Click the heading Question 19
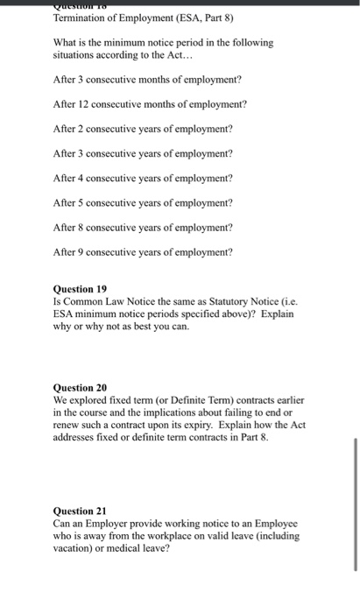[x=80, y=286]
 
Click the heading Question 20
[x=80, y=386]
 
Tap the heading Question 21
[x=80, y=511]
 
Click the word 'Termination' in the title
[x=80, y=18]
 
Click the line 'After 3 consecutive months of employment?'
[x=147, y=80]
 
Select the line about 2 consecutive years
[x=143, y=129]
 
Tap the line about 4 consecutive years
[x=143, y=178]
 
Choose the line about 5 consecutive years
[x=143, y=202]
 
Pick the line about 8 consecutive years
[x=143, y=227]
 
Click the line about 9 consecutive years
[x=143, y=252]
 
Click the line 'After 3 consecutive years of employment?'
[x=143, y=153]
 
